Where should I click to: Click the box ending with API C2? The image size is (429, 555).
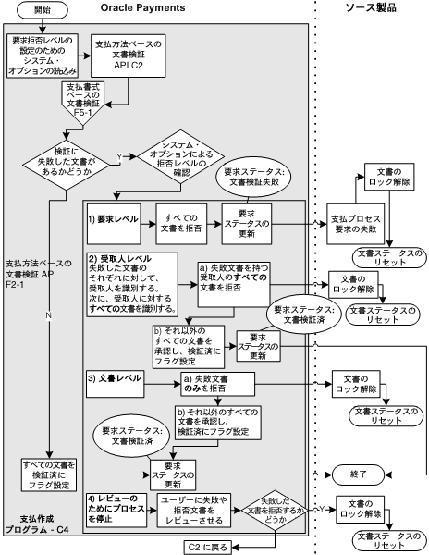pos(124,57)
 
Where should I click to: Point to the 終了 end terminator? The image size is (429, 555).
pos(357,473)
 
